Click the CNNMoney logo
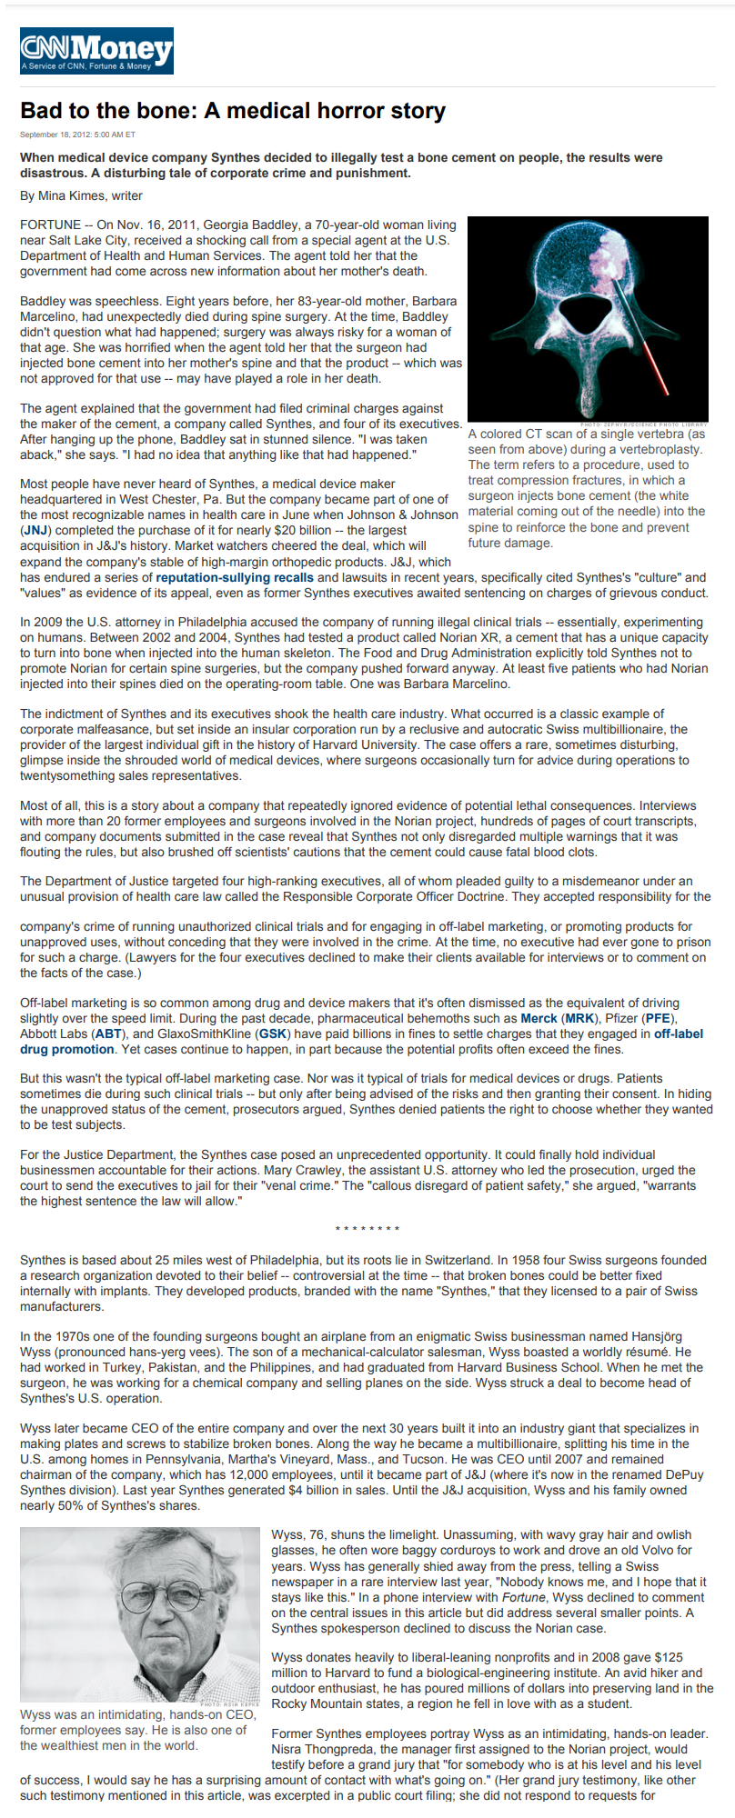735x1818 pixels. point(96,51)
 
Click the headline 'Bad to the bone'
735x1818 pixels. point(233,111)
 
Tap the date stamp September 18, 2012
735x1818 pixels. point(77,135)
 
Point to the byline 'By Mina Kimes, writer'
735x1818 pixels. point(81,195)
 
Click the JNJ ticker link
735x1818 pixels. point(35,530)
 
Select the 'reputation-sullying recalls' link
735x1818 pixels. point(235,577)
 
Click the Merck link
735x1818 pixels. point(539,1018)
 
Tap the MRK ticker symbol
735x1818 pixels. point(579,1018)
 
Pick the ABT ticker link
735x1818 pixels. point(109,1034)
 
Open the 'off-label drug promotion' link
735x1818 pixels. point(67,1049)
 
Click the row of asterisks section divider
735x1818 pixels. point(367,1230)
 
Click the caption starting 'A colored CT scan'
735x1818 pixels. point(587,488)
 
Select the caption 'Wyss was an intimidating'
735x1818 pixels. point(136,1730)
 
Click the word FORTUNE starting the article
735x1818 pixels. point(51,225)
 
